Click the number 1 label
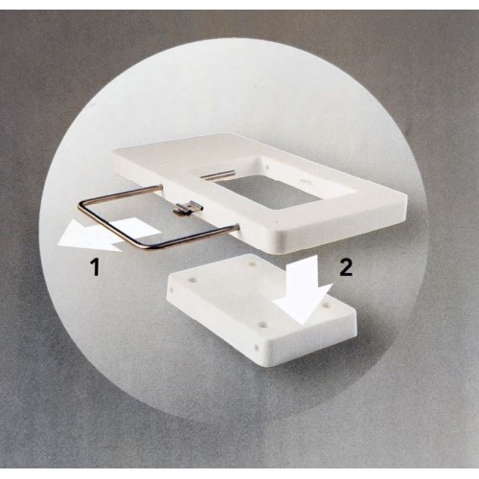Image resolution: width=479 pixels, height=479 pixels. coord(96,267)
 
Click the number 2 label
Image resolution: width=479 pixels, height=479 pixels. coord(346,267)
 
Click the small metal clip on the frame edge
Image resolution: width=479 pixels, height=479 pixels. coord(188,207)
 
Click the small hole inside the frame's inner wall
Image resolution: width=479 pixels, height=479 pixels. coord(267,167)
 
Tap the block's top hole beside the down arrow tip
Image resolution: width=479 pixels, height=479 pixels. coord(326,306)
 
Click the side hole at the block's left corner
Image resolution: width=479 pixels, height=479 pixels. coord(171,291)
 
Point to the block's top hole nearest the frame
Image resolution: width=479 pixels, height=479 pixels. coord(254,264)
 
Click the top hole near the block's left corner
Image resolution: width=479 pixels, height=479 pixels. coord(192,280)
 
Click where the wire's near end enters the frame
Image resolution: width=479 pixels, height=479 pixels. coord(238,227)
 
